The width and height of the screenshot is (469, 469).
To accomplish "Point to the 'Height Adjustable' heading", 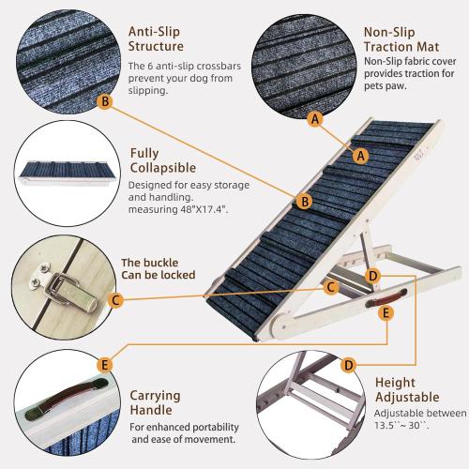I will point(407,390).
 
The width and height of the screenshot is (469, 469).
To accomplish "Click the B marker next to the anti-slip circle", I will point(105,100).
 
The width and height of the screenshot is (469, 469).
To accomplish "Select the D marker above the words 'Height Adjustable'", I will point(349,364).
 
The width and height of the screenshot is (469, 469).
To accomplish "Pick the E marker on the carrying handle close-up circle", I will point(105,364).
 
